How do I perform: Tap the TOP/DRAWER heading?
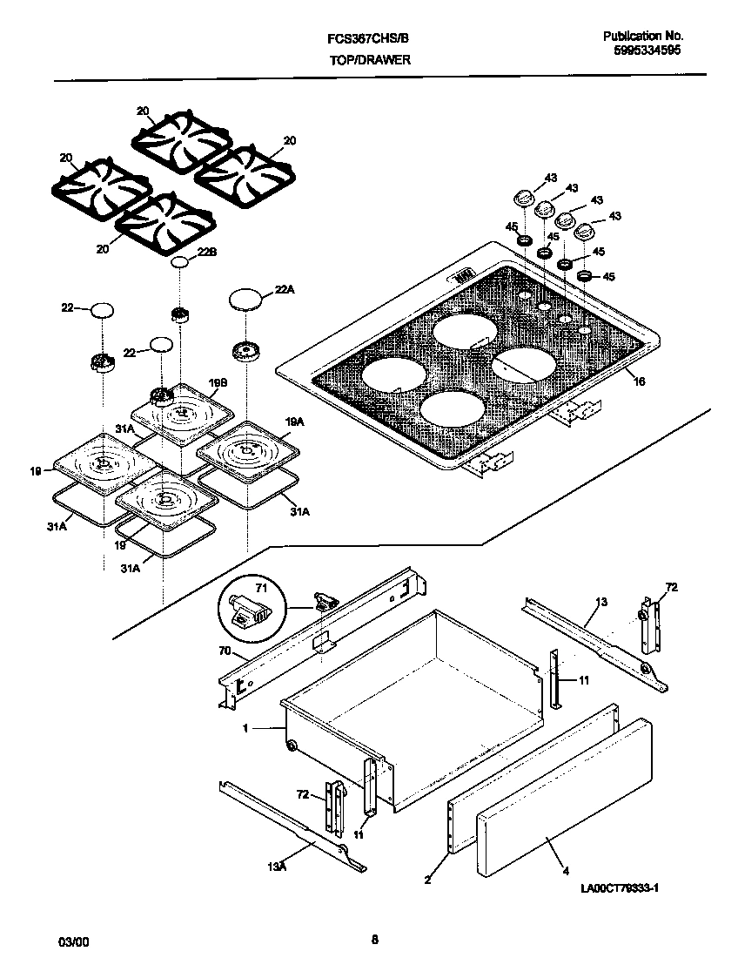(x=369, y=60)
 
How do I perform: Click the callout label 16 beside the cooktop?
(x=640, y=381)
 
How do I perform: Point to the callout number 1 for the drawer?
(x=245, y=728)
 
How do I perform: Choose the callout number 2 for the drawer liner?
(x=427, y=880)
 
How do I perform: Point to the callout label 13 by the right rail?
(x=601, y=602)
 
